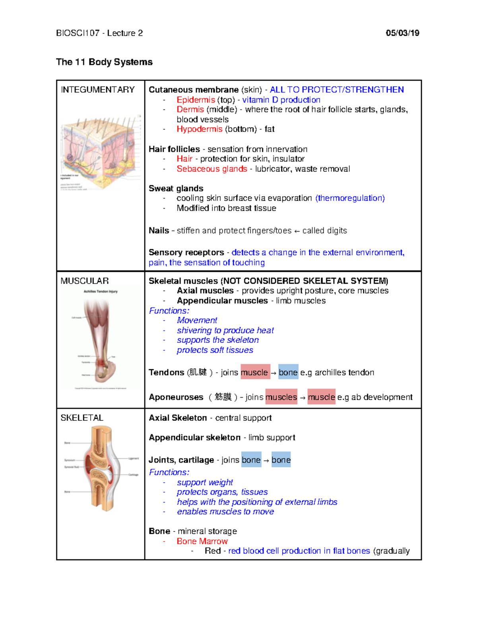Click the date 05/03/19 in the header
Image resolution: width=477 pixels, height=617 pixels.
(x=402, y=33)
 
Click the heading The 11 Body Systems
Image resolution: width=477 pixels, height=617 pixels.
(x=104, y=62)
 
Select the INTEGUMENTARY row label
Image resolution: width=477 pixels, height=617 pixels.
(x=98, y=90)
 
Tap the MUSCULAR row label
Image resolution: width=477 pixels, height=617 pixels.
(x=85, y=281)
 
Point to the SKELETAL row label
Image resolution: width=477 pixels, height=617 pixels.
(x=82, y=418)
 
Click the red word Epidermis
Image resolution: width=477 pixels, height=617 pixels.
(x=196, y=100)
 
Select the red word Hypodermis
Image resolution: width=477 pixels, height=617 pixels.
(x=200, y=129)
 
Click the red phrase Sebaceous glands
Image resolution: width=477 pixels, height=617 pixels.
(x=212, y=169)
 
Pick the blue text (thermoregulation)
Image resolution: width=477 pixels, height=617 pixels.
(x=350, y=198)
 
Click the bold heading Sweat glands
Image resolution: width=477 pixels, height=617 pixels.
(x=176, y=188)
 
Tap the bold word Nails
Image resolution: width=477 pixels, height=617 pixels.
(x=159, y=230)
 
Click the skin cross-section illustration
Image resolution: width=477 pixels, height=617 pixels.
(x=101, y=153)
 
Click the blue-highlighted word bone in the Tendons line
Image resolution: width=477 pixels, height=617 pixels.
(x=288, y=372)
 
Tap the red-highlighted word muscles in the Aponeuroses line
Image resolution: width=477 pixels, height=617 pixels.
(x=281, y=397)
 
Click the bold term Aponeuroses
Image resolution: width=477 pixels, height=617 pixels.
(x=176, y=397)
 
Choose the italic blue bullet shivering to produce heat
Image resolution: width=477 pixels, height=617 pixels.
(x=225, y=330)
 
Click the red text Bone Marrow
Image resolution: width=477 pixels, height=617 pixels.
(x=202, y=541)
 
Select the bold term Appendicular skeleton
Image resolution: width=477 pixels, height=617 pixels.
(x=194, y=437)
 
